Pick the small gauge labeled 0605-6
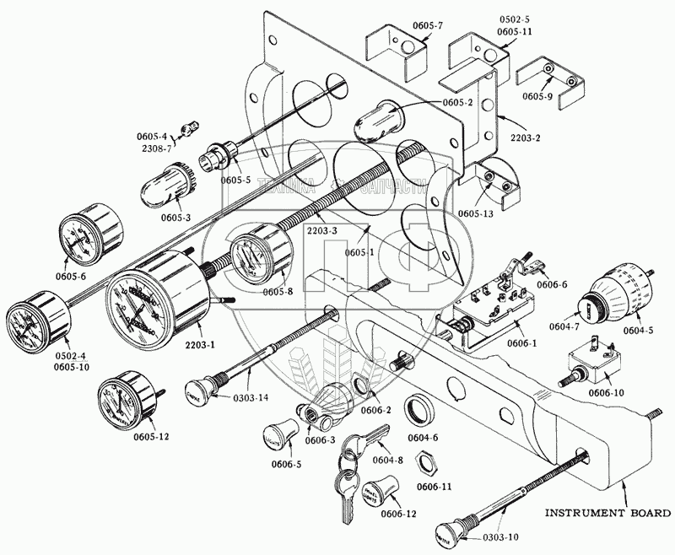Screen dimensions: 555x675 point(85,235)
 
